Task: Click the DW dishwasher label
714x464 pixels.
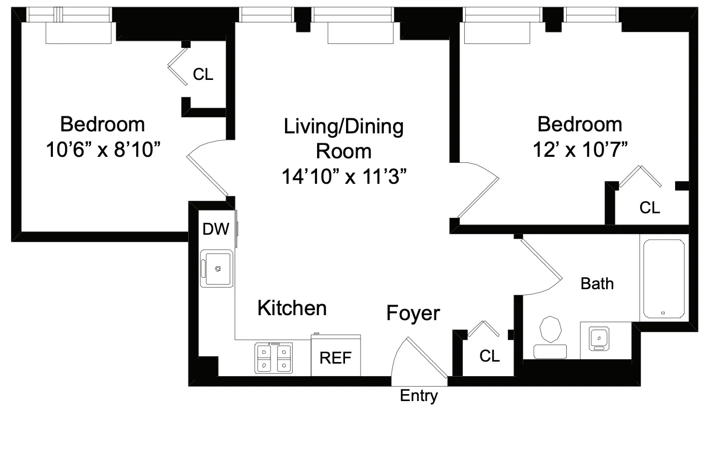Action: pyautogui.click(x=216, y=229)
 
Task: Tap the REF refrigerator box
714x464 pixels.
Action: pyautogui.click(x=336, y=357)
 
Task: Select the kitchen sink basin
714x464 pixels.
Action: pyautogui.click(x=217, y=269)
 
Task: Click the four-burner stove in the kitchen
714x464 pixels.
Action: pyautogui.click(x=274, y=358)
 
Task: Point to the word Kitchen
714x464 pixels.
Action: pyautogui.click(x=292, y=308)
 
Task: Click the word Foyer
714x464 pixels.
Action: pyautogui.click(x=413, y=313)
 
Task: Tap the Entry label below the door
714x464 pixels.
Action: pyautogui.click(x=419, y=396)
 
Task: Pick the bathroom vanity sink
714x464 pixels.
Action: pyautogui.click(x=598, y=338)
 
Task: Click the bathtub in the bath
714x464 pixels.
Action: pyautogui.click(x=664, y=279)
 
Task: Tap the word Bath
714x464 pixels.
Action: pyautogui.click(x=597, y=284)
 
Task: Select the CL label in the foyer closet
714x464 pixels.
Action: pyautogui.click(x=489, y=356)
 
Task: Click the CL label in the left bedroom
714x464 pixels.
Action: pyautogui.click(x=203, y=74)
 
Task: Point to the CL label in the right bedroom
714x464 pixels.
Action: pyautogui.click(x=650, y=207)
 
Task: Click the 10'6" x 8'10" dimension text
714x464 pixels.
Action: pyautogui.click(x=103, y=149)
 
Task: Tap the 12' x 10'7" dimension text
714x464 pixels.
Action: pyautogui.click(x=580, y=149)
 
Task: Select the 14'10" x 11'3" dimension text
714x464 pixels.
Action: pyautogui.click(x=344, y=176)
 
